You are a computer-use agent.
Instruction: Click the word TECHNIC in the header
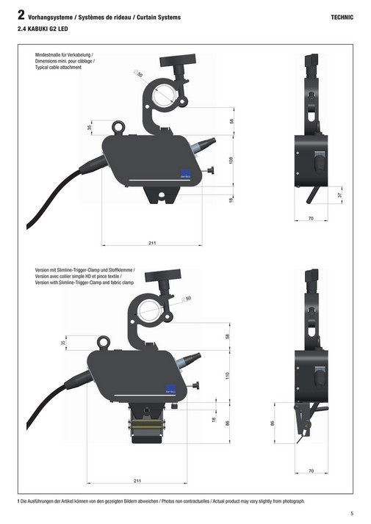(342, 18)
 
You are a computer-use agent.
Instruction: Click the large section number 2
(21, 15)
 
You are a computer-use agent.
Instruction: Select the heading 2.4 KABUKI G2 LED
(43, 29)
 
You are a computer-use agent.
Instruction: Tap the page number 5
(352, 513)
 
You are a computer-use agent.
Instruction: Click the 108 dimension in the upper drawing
(231, 161)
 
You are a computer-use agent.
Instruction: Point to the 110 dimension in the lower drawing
(228, 376)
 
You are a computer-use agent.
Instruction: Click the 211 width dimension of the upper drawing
(152, 243)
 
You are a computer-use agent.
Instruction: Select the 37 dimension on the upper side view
(340, 195)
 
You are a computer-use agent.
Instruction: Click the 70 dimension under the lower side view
(311, 471)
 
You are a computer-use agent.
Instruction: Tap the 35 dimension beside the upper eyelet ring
(90, 128)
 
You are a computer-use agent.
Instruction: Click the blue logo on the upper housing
(185, 173)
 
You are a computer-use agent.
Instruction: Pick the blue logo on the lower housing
(170, 389)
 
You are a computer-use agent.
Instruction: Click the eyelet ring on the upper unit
(118, 128)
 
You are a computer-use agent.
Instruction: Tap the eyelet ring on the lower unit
(104, 343)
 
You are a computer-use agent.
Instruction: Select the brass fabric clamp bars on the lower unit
(145, 424)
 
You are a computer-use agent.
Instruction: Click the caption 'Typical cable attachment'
(58, 68)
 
